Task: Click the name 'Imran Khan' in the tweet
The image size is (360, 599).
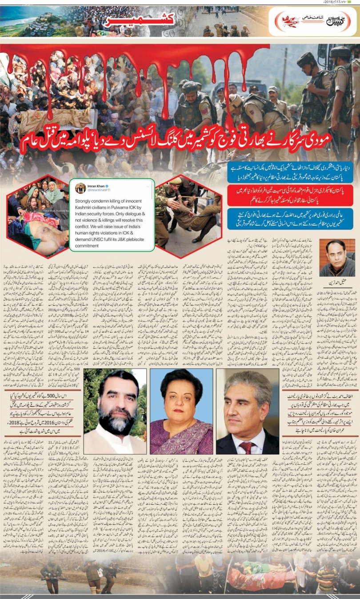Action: [x=99, y=184]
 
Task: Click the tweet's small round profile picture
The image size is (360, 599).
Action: [x=80, y=188]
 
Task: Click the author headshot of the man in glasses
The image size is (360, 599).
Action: [x=337, y=258]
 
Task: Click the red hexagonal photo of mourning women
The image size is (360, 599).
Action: [x=39, y=216]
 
